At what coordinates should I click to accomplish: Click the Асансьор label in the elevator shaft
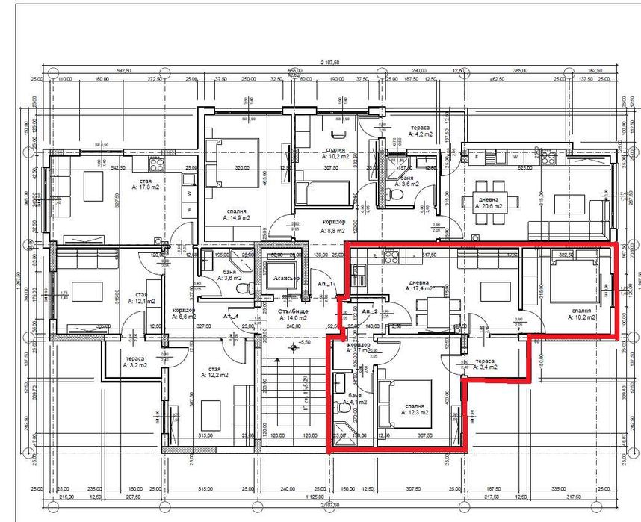point(286,276)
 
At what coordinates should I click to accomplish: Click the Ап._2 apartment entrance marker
point(369,310)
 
